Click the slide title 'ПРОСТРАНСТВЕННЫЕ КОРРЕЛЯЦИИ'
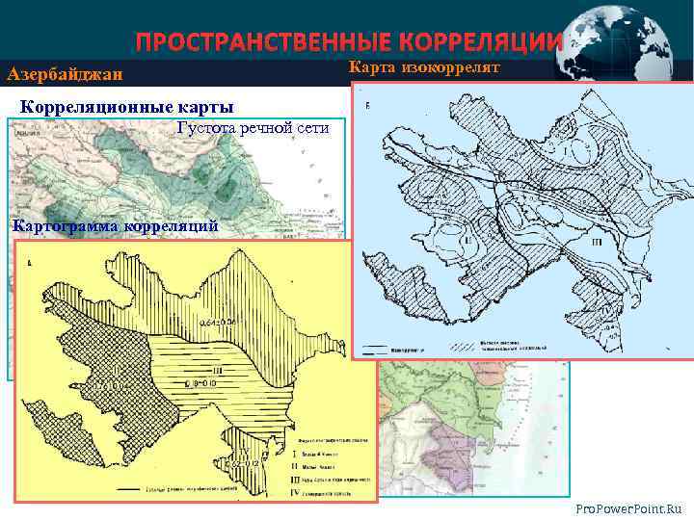tap(347, 42)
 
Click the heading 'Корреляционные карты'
tap(127, 106)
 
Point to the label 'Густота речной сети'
tap(254, 128)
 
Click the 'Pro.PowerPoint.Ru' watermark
tap(627, 507)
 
